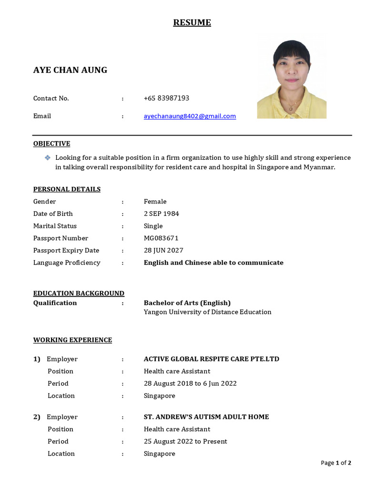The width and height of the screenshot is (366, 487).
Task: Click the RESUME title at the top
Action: [x=192, y=23]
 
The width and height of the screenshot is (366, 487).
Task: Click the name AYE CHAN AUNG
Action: [x=70, y=70]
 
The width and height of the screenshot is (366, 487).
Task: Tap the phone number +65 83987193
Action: [x=166, y=98]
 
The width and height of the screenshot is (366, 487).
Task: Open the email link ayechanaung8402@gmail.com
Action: [x=190, y=116]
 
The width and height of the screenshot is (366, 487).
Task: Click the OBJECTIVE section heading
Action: [x=51, y=144]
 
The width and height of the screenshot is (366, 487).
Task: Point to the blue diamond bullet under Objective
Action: [x=47, y=157]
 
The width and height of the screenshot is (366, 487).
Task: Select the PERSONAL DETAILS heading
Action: [x=67, y=189]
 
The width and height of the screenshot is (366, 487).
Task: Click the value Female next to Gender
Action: [x=155, y=202]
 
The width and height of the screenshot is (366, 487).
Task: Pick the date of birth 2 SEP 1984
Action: [x=161, y=214]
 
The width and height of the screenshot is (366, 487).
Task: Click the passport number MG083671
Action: [x=161, y=238]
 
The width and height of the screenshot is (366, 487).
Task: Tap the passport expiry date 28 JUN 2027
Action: [x=163, y=251]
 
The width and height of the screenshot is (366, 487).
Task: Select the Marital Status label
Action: [x=55, y=226]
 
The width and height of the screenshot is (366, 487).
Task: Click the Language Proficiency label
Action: [x=67, y=263]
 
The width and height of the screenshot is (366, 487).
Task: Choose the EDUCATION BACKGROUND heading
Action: [x=79, y=293]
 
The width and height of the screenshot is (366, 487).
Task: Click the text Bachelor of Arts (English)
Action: [x=187, y=303]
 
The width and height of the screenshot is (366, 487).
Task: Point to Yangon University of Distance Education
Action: [x=207, y=312]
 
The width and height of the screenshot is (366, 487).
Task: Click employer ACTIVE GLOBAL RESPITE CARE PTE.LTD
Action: [x=211, y=359]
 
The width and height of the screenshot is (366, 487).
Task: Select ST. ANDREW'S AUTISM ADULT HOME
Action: [x=206, y=417]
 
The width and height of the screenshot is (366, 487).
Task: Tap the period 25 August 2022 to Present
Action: [x=185, y=441]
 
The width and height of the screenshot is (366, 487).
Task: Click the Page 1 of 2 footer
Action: [x=336, y=463]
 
